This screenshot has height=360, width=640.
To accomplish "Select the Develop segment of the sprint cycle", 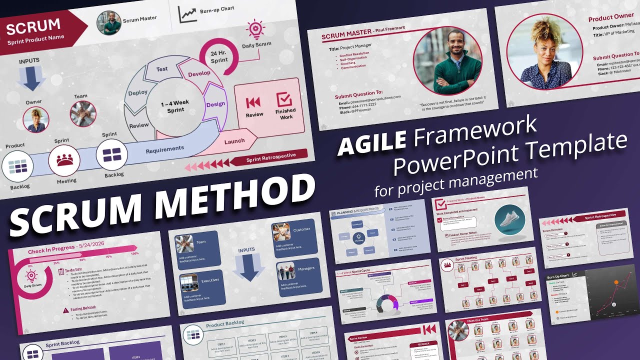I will [x=199, y=73].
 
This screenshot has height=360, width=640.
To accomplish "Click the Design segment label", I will [x=215, y=104].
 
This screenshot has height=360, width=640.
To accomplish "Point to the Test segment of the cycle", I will [x=162, y=69].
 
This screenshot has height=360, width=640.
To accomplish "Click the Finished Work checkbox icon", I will [x=284, y=99].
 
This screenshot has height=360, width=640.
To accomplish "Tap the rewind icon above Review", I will [x=254, y=102].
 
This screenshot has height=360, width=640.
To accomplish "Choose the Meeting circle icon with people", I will [x=64, y=160].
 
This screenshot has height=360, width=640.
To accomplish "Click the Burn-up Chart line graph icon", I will [x=188, y=14].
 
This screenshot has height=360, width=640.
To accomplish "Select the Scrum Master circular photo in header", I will [x=109, y=23].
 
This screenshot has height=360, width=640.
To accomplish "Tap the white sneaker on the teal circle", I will [x=510, y=218].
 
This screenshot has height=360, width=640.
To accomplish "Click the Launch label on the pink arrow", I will [x=234, y=141].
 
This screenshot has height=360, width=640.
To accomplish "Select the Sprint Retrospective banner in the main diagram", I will [x=270, y=159].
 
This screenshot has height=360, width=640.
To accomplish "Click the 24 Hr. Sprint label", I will [x=219, y=56].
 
